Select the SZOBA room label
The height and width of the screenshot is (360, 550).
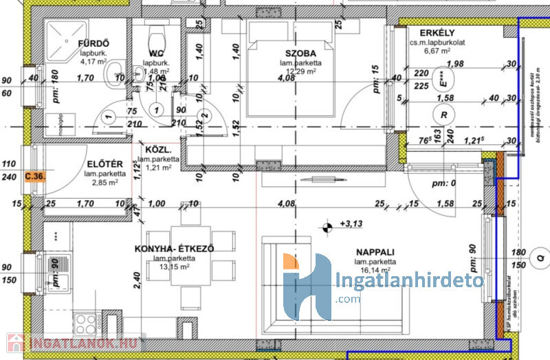click(301, 53)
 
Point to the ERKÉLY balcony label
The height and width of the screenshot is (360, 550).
click(423, 33)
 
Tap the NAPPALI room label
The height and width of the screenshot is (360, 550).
click(375, 251)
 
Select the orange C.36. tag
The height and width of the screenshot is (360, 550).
click(35, 177)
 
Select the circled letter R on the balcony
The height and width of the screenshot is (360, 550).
click(445, 115)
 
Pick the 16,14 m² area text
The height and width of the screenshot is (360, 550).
click(375, 272)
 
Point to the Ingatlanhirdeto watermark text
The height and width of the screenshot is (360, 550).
click(410, 282)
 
